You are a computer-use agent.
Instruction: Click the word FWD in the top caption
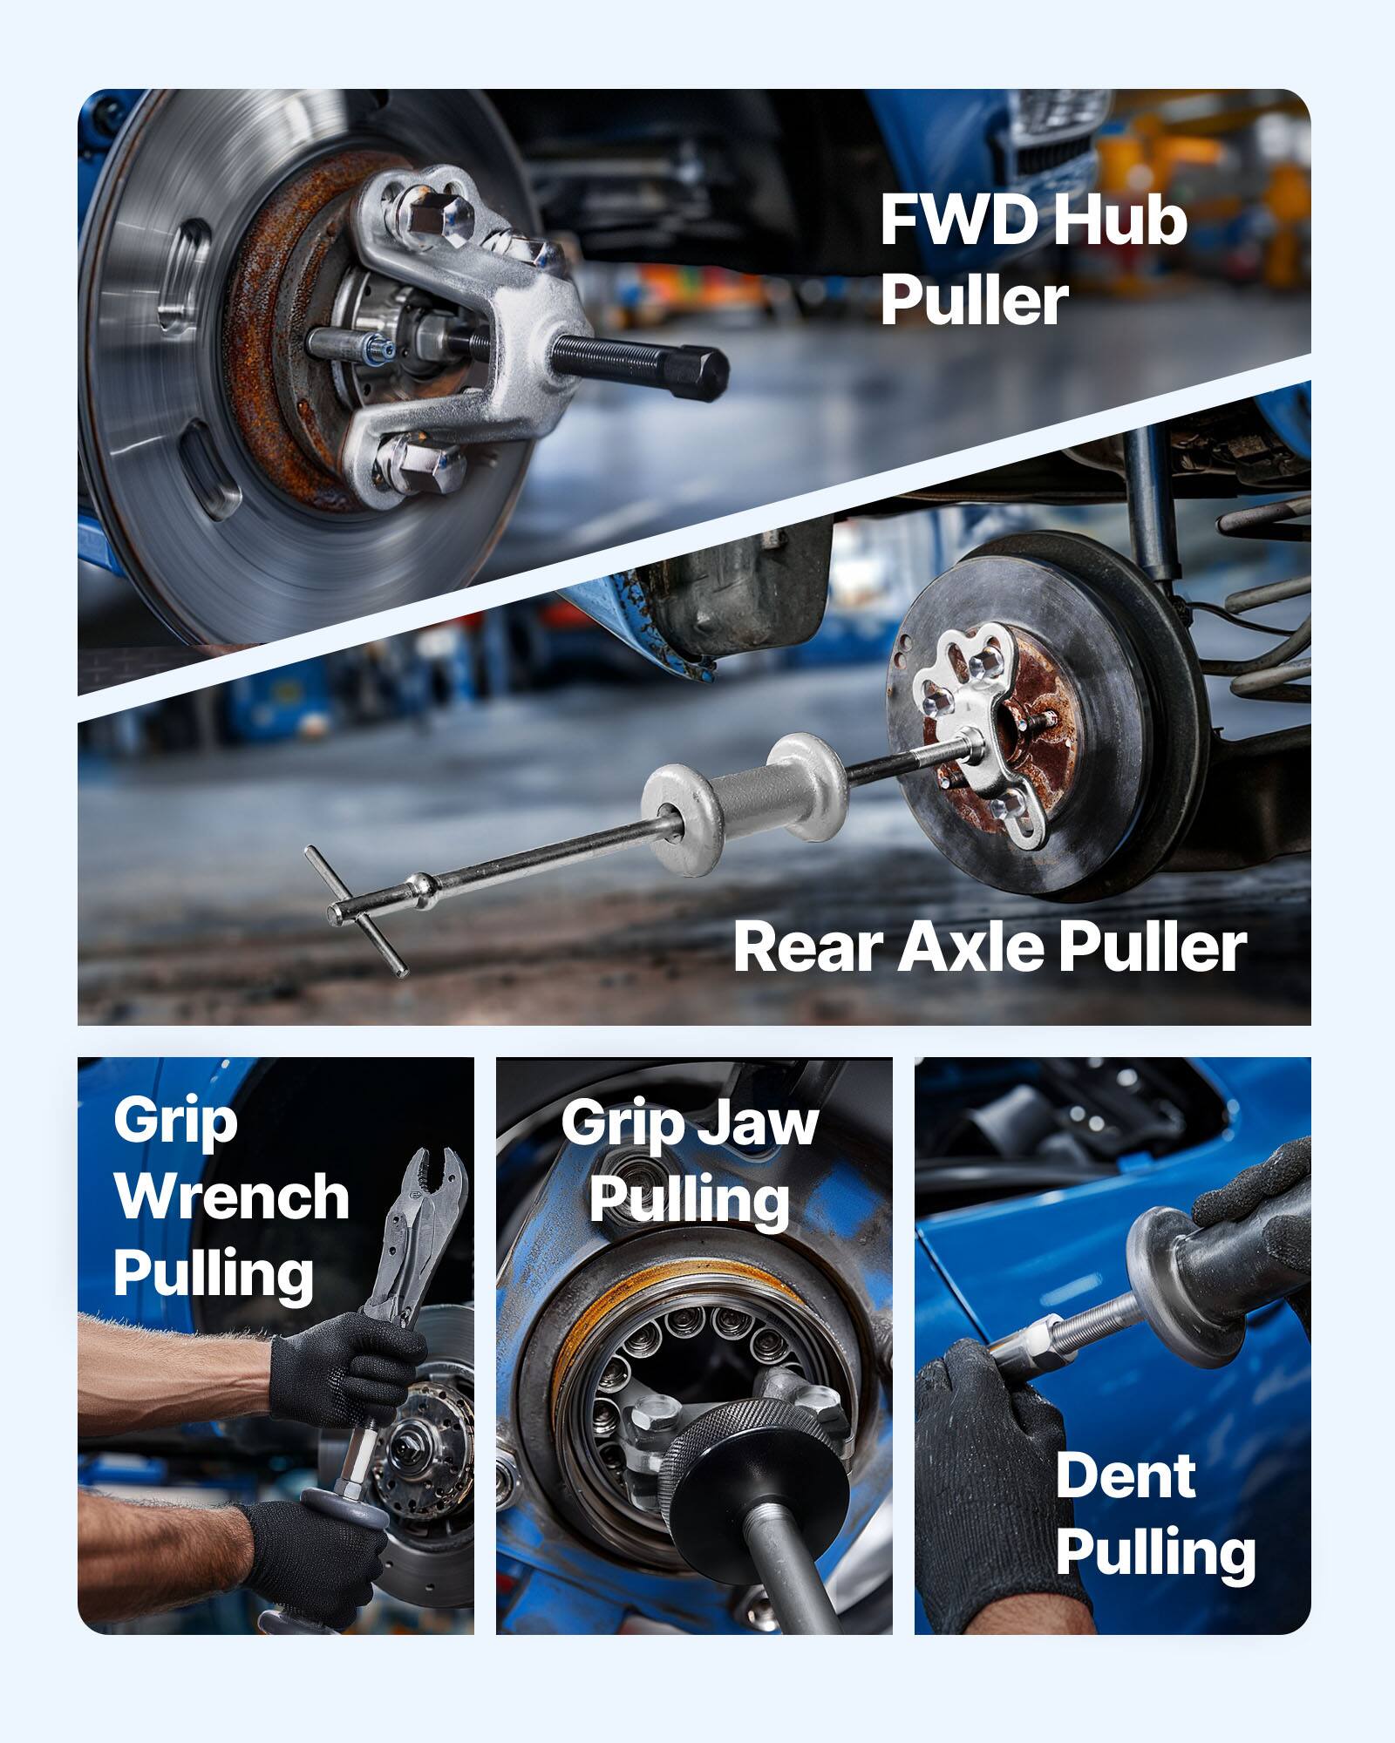click(x=959, y=221)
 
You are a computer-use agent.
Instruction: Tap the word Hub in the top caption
click(x=1120, y=221)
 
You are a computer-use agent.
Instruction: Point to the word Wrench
click(x=231, y=1197)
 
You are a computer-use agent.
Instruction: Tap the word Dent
click(x=1125, y=1476)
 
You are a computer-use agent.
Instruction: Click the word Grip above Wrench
click(x=174, y=1122)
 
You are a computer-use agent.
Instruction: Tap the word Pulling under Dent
click(x=1155, y=1553)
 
